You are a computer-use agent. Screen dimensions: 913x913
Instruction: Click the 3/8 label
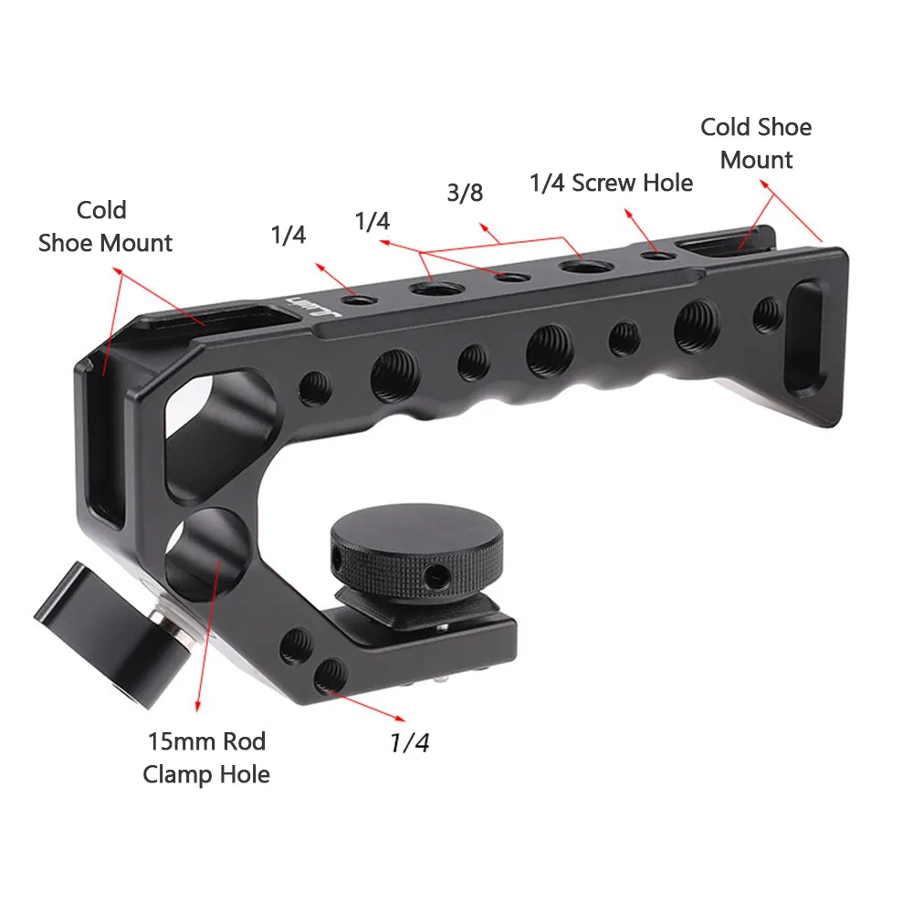(465, 193)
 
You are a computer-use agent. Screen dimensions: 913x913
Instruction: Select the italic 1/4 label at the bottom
(409, 743)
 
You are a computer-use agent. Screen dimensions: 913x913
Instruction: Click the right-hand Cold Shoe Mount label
(756, 143)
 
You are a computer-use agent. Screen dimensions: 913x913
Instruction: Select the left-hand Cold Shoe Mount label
(105, 226)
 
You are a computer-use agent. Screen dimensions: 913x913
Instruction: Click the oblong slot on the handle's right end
(805, 338)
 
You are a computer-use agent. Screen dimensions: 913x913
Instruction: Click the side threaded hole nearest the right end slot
(765, 315)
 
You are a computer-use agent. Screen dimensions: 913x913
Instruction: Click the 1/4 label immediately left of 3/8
(373, 222)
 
